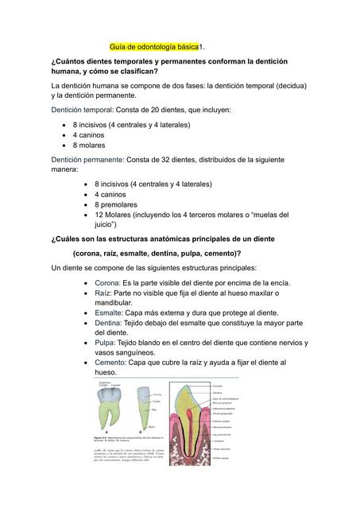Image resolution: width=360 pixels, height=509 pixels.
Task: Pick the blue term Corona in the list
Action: click(107, 282)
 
